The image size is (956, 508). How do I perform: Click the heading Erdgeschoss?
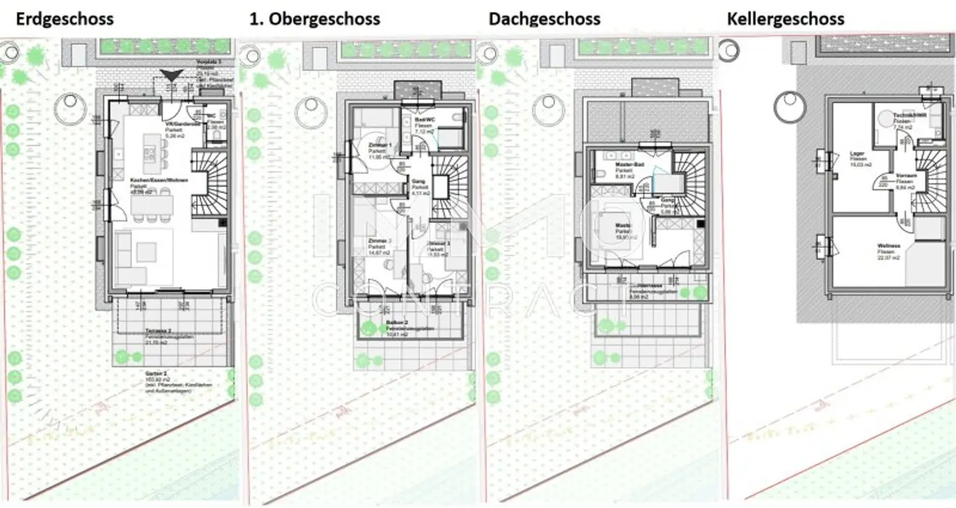[x=65, y=19]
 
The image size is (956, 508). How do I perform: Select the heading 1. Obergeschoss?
[x=314, y=19]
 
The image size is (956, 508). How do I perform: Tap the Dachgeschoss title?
[x=545, y=19]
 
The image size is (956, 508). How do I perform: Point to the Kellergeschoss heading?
[x=785, y=19]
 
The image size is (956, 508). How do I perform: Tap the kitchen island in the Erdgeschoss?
[x=149, y=153]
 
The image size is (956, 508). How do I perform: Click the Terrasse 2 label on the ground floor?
[x=158, y=331]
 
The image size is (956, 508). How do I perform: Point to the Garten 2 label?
[x=157, y=374]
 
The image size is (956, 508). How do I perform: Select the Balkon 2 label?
[x=397, y=323]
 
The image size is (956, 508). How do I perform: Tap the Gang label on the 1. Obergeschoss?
[x=418, y=182]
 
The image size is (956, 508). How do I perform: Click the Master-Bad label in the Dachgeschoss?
[x=629, y=165]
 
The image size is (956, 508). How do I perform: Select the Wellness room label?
[x=889, y=247]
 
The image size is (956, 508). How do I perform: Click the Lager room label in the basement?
[x=858, y=154]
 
